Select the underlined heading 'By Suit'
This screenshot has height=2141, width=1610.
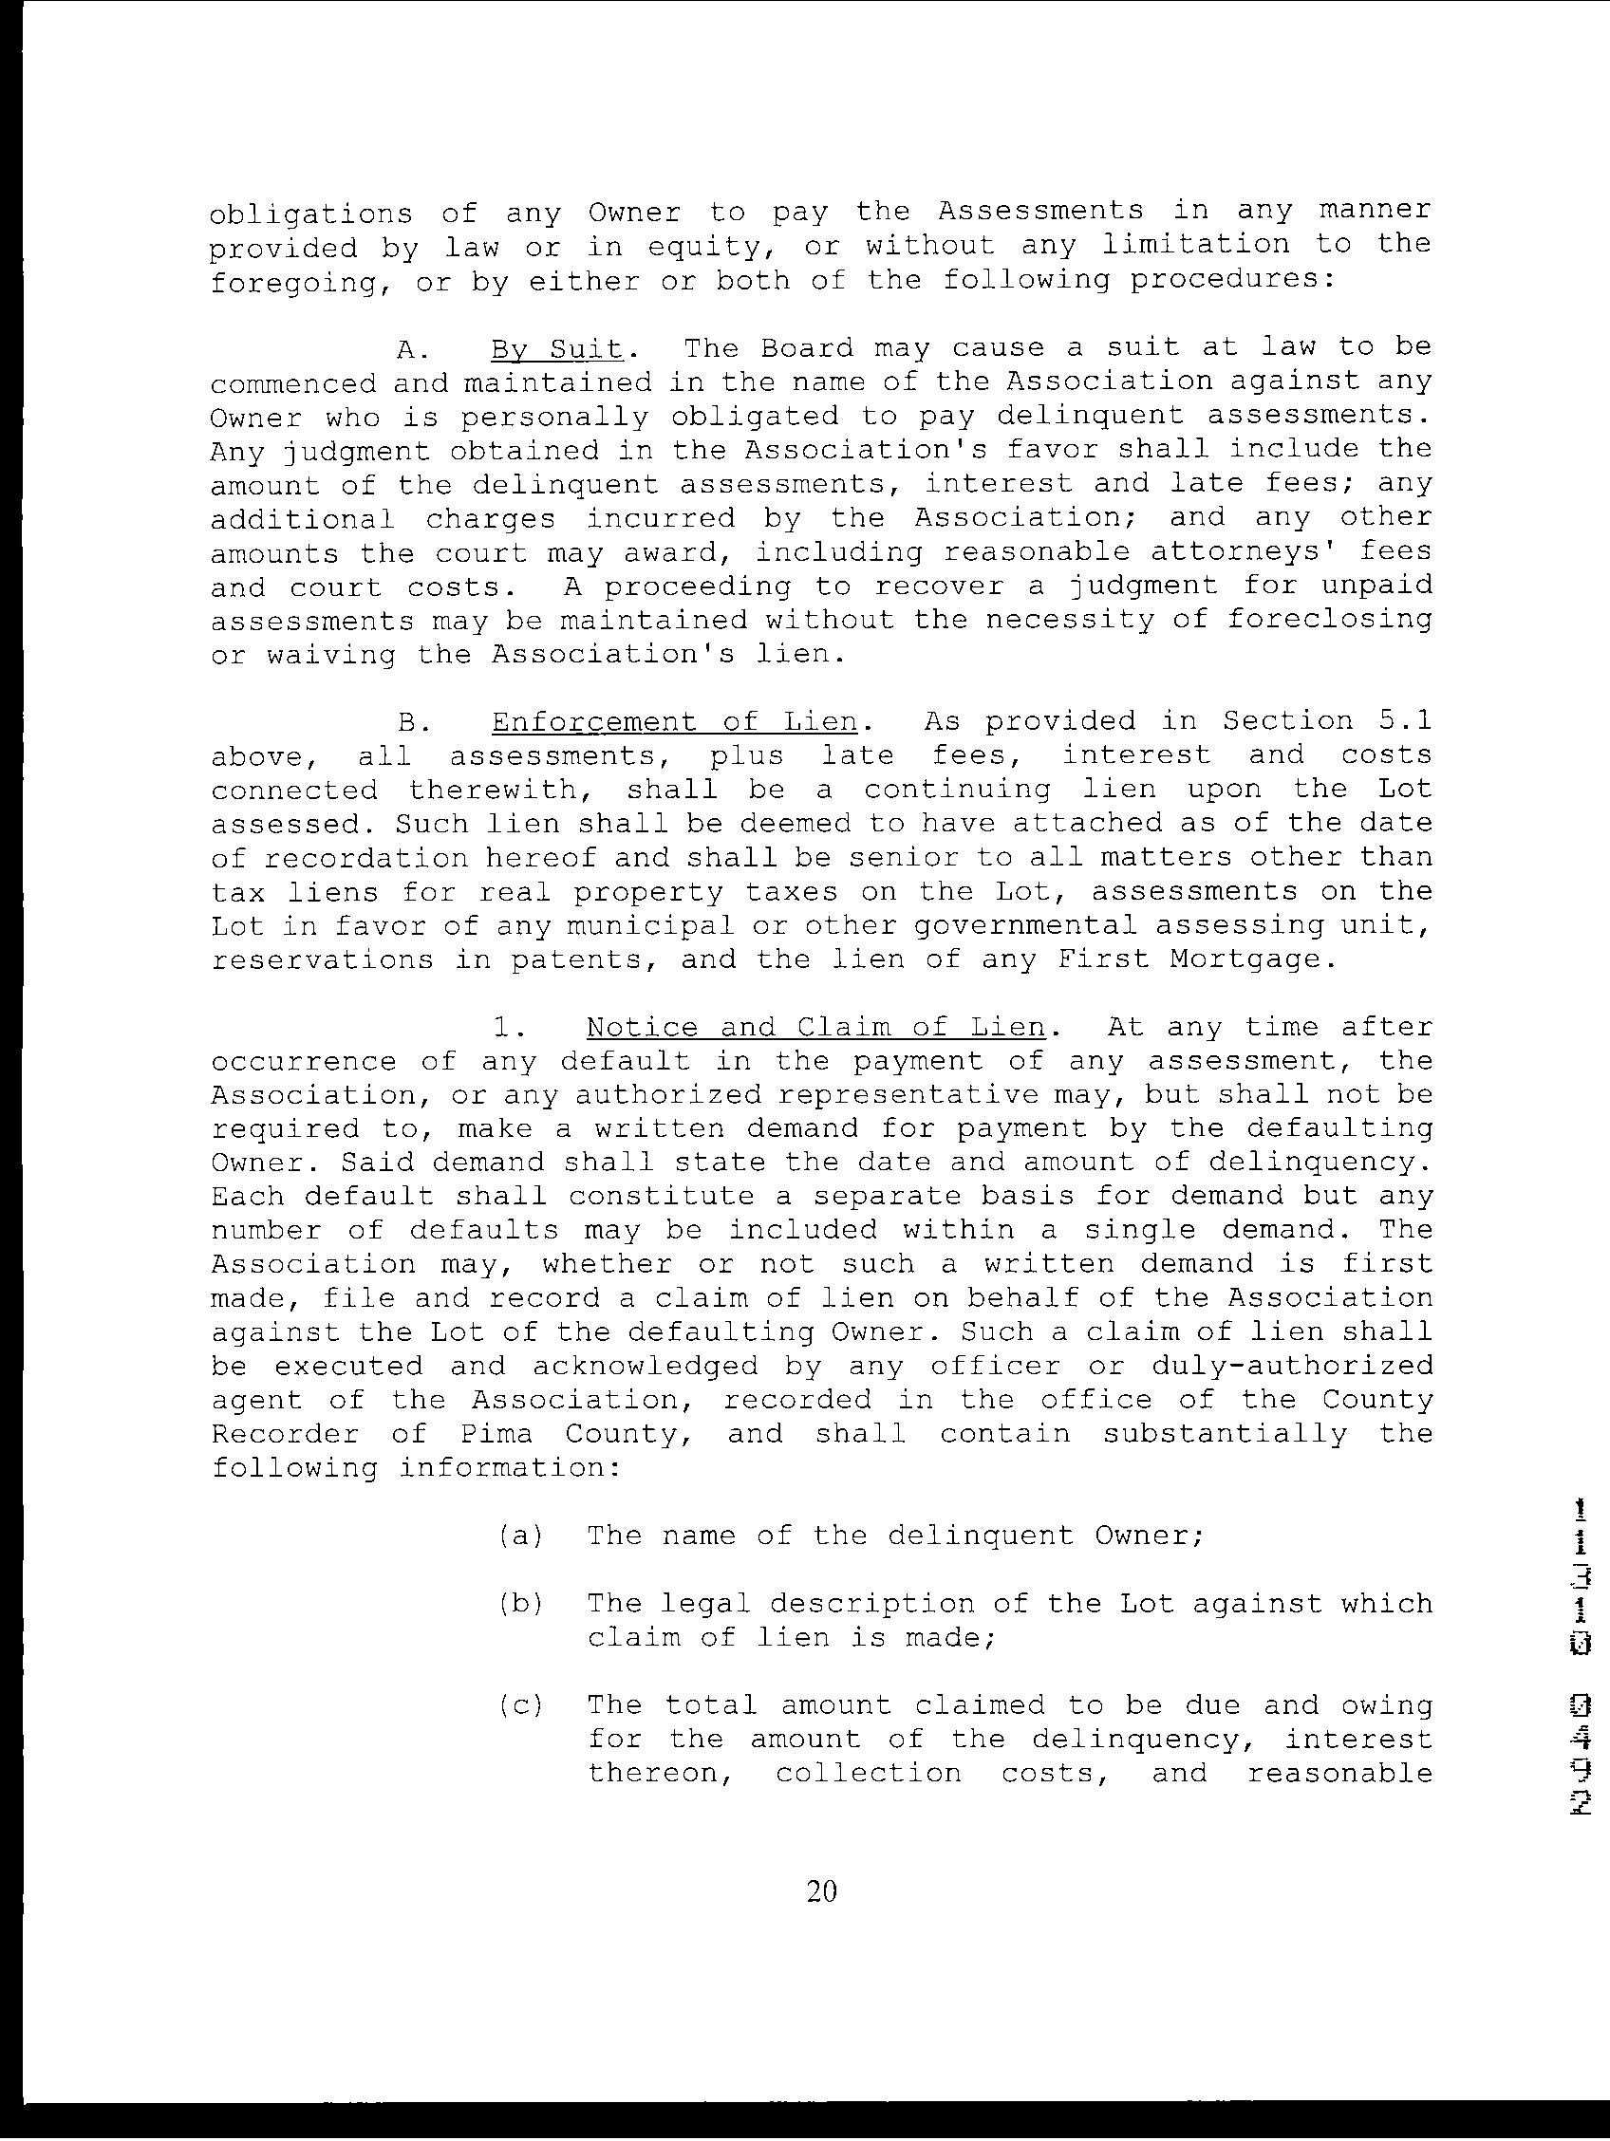pos(555,348)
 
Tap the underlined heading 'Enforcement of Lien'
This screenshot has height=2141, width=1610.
pos(674,722)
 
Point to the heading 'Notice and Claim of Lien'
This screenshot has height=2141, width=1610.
pos(816,1027)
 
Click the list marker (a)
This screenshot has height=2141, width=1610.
pos(521,1536)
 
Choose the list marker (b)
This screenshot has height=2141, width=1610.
pos(521,1604)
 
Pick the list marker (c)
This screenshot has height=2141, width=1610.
pos(521,1704)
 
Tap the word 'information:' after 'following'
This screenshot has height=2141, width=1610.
pos(509,1468)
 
